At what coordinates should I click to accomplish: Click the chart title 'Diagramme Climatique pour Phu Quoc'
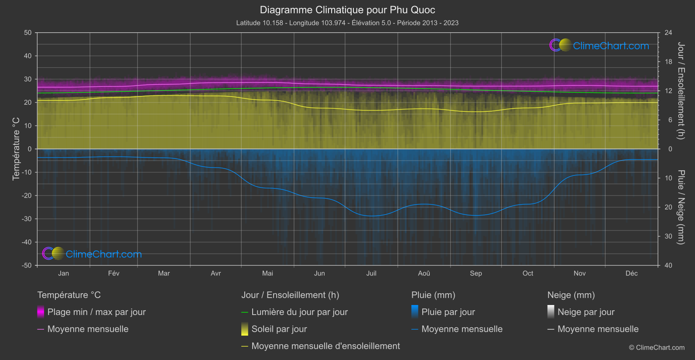pyautogui.click(x=347, y=10)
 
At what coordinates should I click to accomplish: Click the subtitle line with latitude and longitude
pyautogui.click(x=347, y=23)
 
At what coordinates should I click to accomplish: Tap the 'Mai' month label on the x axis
pyautogui.click(x=267, y=274)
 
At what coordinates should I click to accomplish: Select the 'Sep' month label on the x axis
pyautogui.click(x=476, y=274)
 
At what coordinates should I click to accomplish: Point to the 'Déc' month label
pyautogui.click(x=631, y=274)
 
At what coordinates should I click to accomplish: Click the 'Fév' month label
pyautogui.click(x=113, y=274)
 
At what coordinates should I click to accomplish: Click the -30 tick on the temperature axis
pyautogui.click(x=27, y=219)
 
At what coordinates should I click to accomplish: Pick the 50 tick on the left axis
pyautogui.click(x=28, y=33)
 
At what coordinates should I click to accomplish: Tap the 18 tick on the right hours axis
pyautogui.click(x=668, y=62)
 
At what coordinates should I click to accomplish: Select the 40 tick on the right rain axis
pyautogui.click(x=668, y=265)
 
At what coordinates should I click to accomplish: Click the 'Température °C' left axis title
pyautogui.click(x=16, y=148)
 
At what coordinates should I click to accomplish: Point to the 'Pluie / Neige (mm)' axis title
pyautogui.click(x=681, y=207)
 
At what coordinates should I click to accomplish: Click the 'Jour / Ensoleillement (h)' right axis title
pyautogui.click(x=681, y=91)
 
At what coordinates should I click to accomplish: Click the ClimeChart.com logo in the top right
pyautogui.click(x=599, y=45)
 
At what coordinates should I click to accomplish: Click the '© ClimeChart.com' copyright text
pyautogui.click(x=657, y=348)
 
